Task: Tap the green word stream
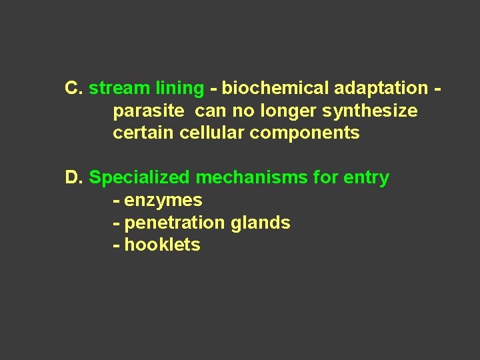pos(119,88)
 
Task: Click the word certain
pos(143,133)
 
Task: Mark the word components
pos(305,133)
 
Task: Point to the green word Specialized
pos(139,178)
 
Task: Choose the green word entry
pos(366,178)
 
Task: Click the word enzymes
pos(163,201)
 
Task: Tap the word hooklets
pos(162,245)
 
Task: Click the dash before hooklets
pos(117,245)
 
